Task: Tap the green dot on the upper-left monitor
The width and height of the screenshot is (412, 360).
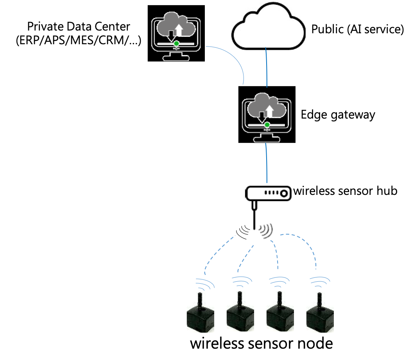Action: pos(177,43)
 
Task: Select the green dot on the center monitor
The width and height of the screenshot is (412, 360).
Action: pos(267,124)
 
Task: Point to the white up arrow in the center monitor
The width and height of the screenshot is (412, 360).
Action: pos(269,111)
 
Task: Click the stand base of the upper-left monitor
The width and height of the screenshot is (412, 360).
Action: pos(176,58)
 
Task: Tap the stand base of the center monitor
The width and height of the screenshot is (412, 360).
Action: pos(267,139)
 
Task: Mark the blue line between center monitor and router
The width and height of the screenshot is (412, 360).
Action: pos(267,162)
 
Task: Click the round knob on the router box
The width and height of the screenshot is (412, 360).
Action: pos(284,193)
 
